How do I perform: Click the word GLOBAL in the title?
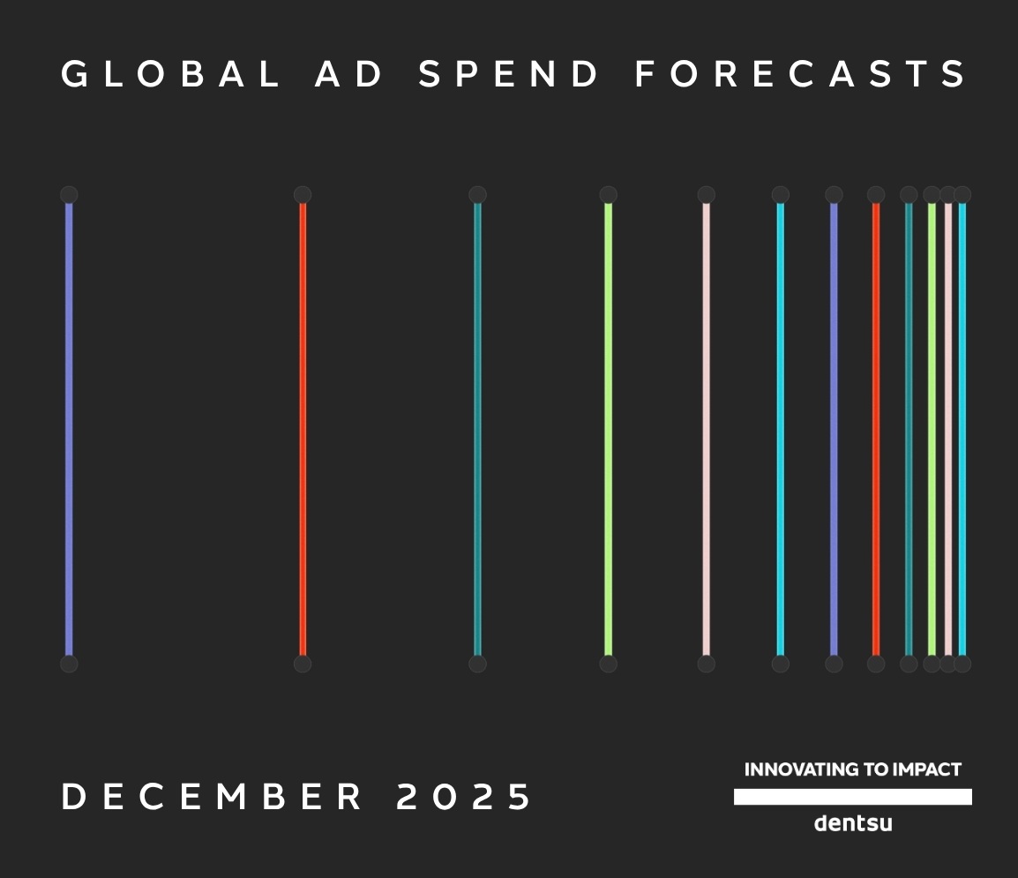tap(171, 73)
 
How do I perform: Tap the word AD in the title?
tap(349, 73)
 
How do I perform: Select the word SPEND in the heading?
tap(508, 73)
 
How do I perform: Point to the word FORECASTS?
tap(800, 73)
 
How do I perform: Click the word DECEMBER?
tap(212, 796)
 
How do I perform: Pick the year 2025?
tap(463, 796)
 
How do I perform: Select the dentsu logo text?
tap(853, 822)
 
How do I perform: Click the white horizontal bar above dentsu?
tap(853, 797)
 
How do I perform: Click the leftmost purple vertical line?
tap(69, 429)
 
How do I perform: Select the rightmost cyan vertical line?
tap(962, 429)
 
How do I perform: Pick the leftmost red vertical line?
tap(303, 429)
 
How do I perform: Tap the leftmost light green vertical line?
tap(609, 429)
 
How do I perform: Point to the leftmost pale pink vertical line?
tap(707, 429)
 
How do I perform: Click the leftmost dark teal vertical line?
tap(478, 429)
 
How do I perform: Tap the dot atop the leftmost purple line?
tap(69, 195)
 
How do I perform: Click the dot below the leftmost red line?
tap(303, 664)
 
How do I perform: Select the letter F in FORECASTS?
tap(645, 73)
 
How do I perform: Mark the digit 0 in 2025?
tap(445, 796)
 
